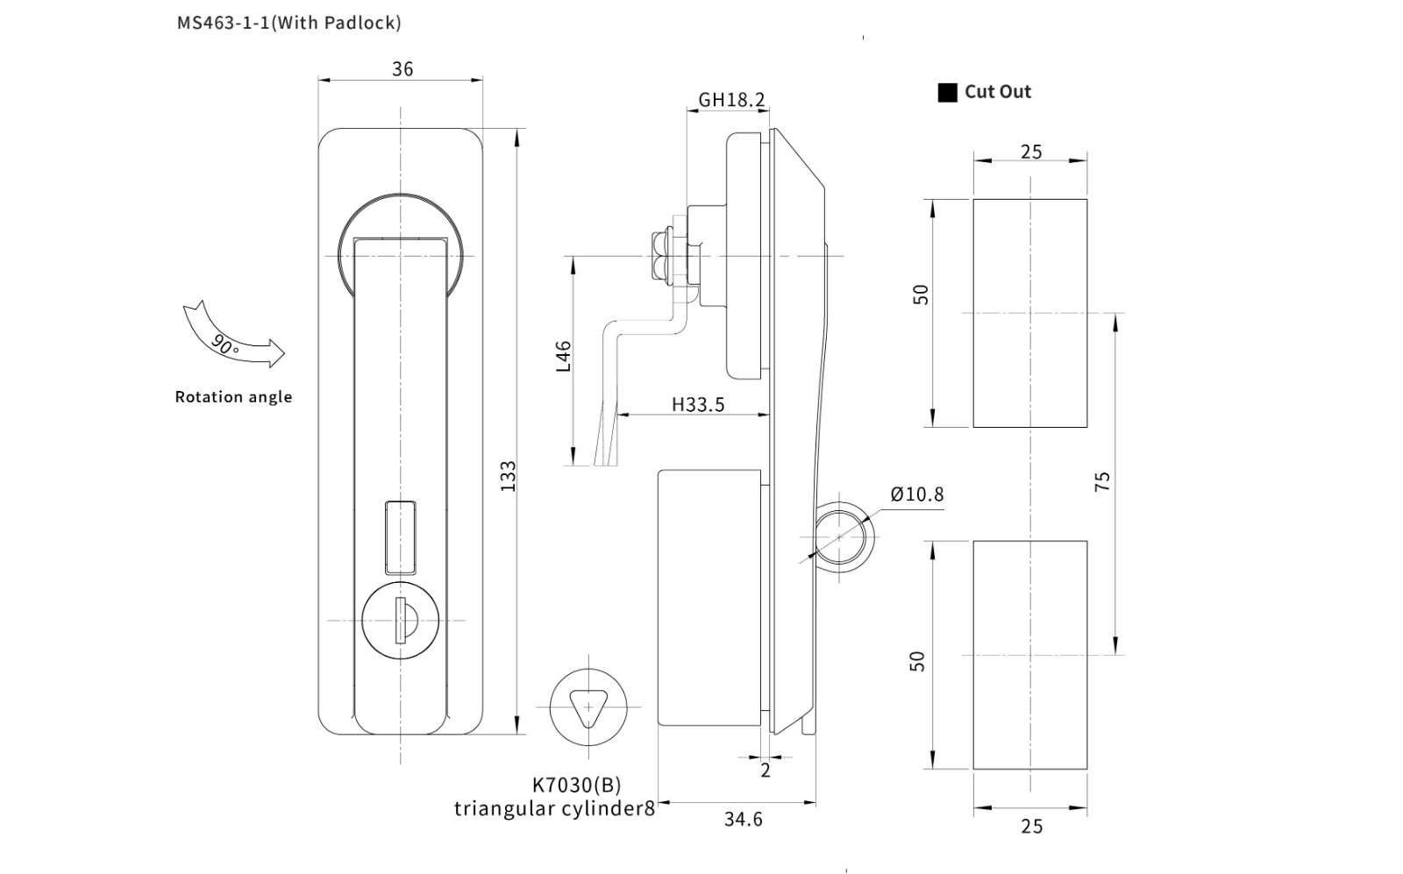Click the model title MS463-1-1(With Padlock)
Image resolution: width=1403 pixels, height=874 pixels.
pos(289,23)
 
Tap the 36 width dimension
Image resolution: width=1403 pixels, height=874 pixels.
pos(402,69)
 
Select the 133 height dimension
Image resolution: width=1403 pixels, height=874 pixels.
pos(508,476)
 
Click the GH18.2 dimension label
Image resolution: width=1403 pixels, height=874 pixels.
pos(731,100)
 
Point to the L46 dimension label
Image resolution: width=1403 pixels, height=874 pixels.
pos(564,356)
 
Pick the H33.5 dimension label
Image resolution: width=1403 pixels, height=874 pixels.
pos(698,404)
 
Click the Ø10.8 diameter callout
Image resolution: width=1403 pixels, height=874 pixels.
pos(917,494)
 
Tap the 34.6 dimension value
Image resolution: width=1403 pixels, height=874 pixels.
pos(743,820)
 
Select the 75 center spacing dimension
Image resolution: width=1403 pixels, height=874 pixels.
pos(1102,481)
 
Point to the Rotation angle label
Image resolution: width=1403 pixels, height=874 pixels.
pos(233,397)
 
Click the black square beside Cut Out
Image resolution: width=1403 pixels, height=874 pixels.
pos(947,92)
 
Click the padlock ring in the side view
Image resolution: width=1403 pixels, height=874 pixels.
pos(844,536)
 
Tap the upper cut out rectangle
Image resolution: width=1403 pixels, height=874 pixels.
pos(1030,313)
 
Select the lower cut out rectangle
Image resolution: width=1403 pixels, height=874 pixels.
pos(1030,655)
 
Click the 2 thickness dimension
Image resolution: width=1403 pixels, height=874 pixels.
pos(766,771)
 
